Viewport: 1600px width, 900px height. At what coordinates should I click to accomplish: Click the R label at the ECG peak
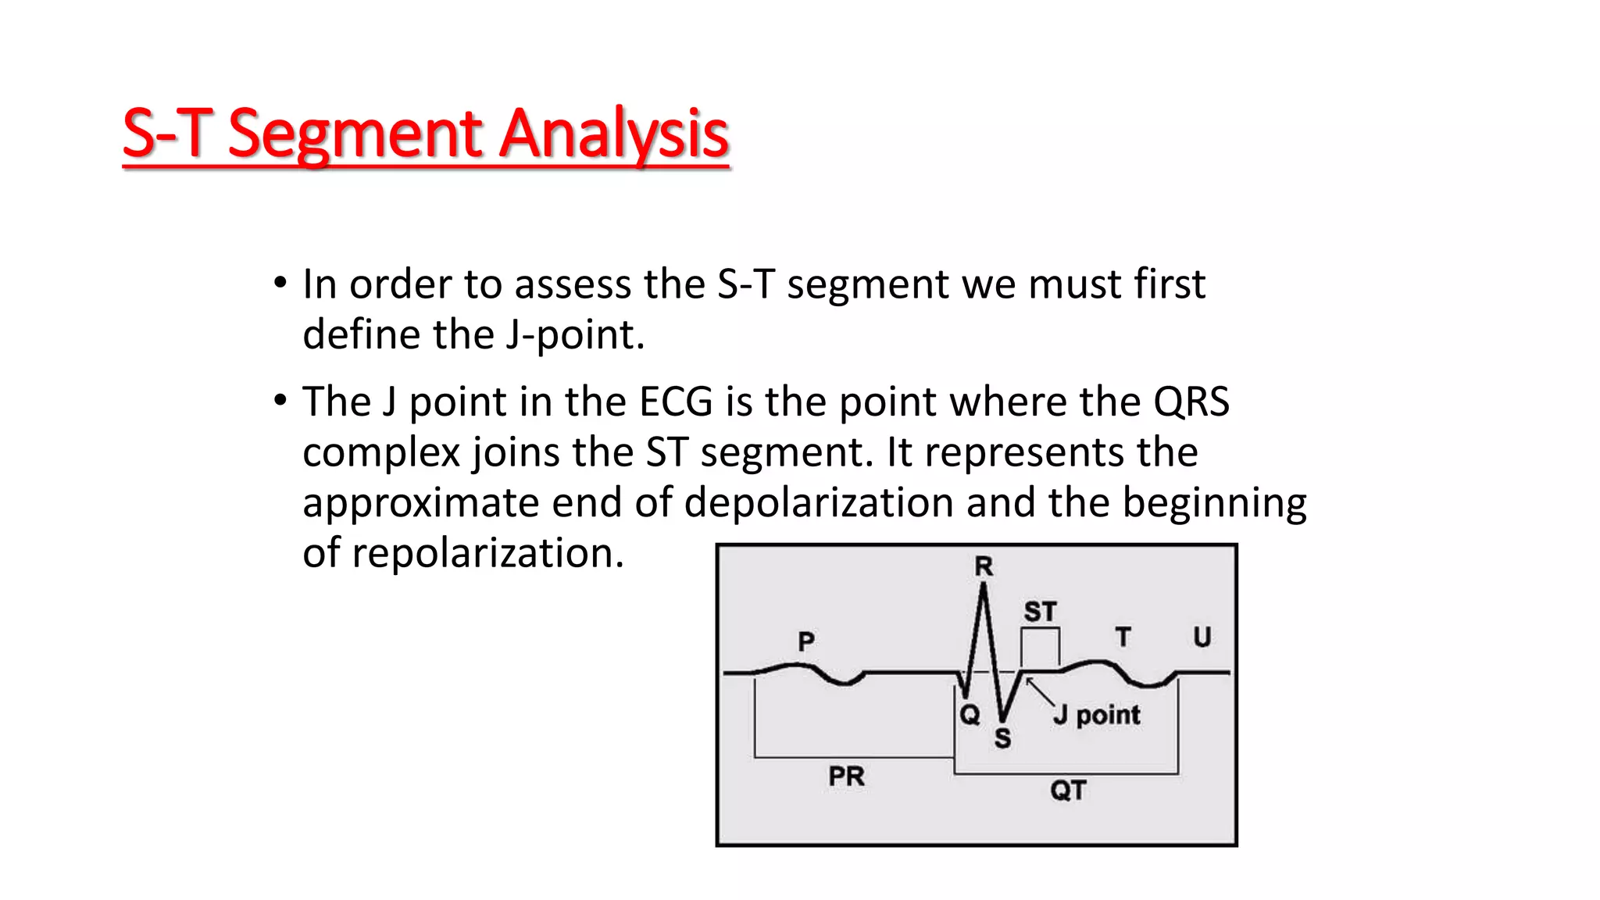[x=984, y=566]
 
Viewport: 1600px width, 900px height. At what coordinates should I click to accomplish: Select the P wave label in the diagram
[x=806, y=641]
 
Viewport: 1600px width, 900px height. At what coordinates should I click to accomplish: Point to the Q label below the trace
[x=970, y=714]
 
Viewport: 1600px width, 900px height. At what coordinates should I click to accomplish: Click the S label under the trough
[x=1002, y=738]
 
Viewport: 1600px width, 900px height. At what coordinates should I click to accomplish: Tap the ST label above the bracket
[x=1040, y=611]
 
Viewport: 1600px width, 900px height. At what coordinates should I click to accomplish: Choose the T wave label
[x=1123, y=637]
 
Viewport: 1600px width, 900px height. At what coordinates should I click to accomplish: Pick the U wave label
[x=1202, y=637]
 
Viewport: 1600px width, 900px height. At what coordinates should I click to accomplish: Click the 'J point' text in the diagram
[x=1097, y=715]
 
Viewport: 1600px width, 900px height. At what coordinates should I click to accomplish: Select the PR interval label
[x=846, y=777]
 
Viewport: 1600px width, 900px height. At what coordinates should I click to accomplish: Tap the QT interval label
[x=1068, y=790]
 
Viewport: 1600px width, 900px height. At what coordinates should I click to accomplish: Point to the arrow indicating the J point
[x=1039, y=691]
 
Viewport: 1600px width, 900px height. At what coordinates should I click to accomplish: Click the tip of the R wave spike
[x=984, y=586]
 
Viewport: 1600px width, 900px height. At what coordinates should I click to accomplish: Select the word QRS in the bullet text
[x=1191, y=402]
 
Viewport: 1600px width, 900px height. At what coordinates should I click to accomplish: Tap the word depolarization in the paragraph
[x=819, y=502]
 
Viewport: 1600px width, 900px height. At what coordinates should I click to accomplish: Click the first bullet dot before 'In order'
[x=280, y=283]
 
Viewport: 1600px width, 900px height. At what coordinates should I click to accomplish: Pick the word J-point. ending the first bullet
[x=575, y=334]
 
